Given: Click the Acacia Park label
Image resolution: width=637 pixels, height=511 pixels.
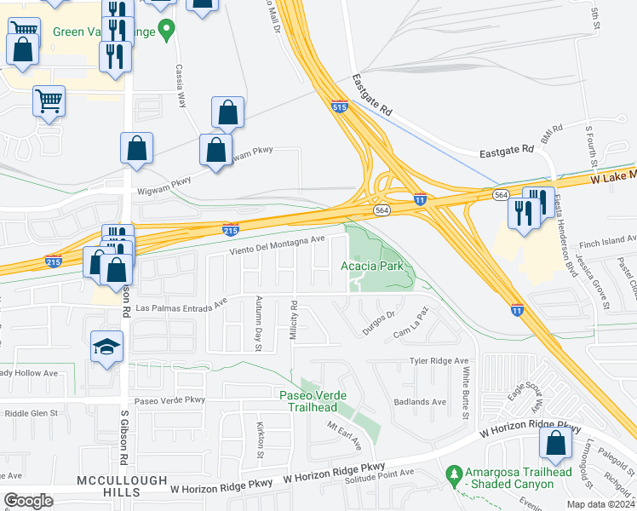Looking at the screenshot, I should pos(376,267).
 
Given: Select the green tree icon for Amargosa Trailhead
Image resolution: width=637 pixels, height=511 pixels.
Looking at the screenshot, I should pos(454,472).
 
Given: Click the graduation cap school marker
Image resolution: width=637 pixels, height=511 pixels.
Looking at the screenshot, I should pos(108,347).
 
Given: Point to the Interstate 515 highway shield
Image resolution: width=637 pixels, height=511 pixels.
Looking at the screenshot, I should pos(339,107).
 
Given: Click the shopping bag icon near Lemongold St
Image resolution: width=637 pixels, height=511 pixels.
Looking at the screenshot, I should pos(555,444).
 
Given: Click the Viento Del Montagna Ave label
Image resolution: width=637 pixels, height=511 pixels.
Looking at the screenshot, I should pos(278,245).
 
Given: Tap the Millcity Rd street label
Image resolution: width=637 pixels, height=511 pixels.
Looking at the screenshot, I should pos(293,321).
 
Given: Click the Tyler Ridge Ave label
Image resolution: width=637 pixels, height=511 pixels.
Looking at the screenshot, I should pos(439,361).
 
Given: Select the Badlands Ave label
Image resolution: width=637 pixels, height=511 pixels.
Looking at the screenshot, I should pos(420,402).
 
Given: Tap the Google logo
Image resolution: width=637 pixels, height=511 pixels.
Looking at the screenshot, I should pos(29,501).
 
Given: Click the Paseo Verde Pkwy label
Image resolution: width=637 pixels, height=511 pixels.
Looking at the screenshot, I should pos(168,399).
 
